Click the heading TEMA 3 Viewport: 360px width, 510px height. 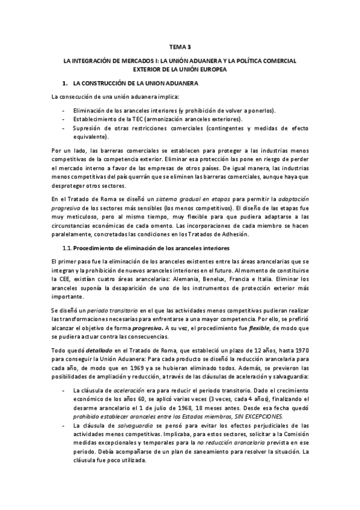point(180,46)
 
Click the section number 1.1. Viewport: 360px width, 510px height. point(67,232)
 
